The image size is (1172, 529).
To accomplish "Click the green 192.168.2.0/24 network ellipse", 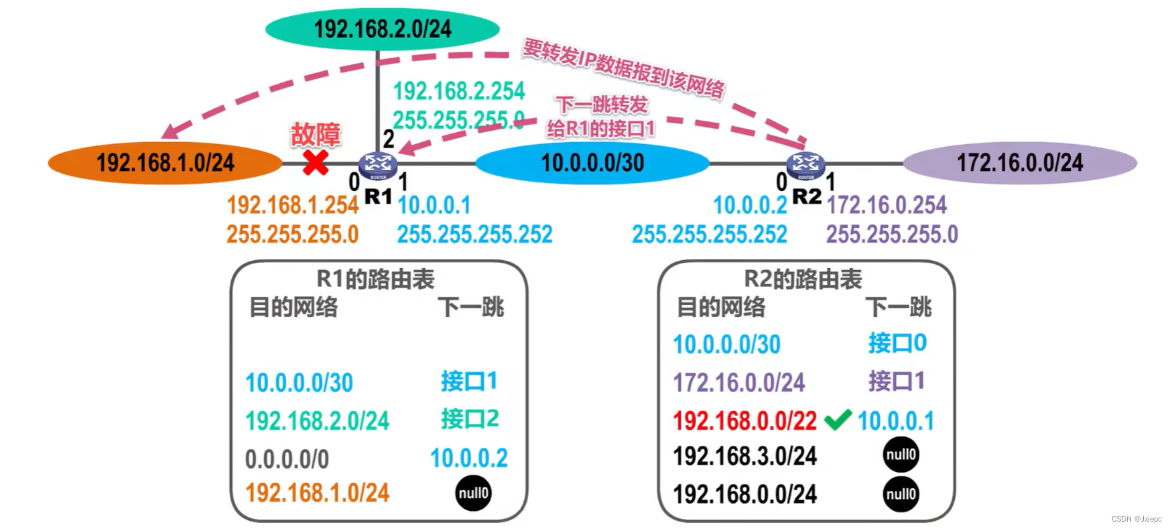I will (x=382, y=30).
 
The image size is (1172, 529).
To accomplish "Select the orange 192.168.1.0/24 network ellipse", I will (x=165, y=163).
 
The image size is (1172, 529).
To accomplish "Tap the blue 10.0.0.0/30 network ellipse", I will (x=592, y=163).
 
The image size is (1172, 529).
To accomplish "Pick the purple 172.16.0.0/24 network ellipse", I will (x=1020, y=163).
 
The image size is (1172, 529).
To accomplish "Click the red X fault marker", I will (x=315, y=162).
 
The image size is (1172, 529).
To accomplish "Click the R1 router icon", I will (x=378, y=165).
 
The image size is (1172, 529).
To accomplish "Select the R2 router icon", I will (x=805, y=165).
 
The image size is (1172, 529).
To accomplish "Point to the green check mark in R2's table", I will (x=838, y=420).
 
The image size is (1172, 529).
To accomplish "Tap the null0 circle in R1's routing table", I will (x=473, y=493).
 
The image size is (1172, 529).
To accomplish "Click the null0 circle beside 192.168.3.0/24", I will (x=901, y=455).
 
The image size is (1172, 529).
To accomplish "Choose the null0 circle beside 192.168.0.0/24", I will (x=901, y=495).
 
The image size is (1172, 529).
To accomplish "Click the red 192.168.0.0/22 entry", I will (x=744, y=421).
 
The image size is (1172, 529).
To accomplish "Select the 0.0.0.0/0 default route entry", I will (x=287, y=459).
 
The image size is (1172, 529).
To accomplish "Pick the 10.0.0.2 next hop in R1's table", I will (x=469, y=459).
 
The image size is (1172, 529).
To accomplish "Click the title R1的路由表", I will (x=375, y=280).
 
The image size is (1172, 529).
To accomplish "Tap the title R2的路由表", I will (x=803, y=280).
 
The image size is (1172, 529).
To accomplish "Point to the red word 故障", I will (x=315, y=135).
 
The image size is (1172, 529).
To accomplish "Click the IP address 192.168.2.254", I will (x=458, y=91).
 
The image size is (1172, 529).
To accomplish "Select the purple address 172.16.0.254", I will (x=886, y=205).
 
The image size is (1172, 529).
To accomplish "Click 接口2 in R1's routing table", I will (x=470, y=419).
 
